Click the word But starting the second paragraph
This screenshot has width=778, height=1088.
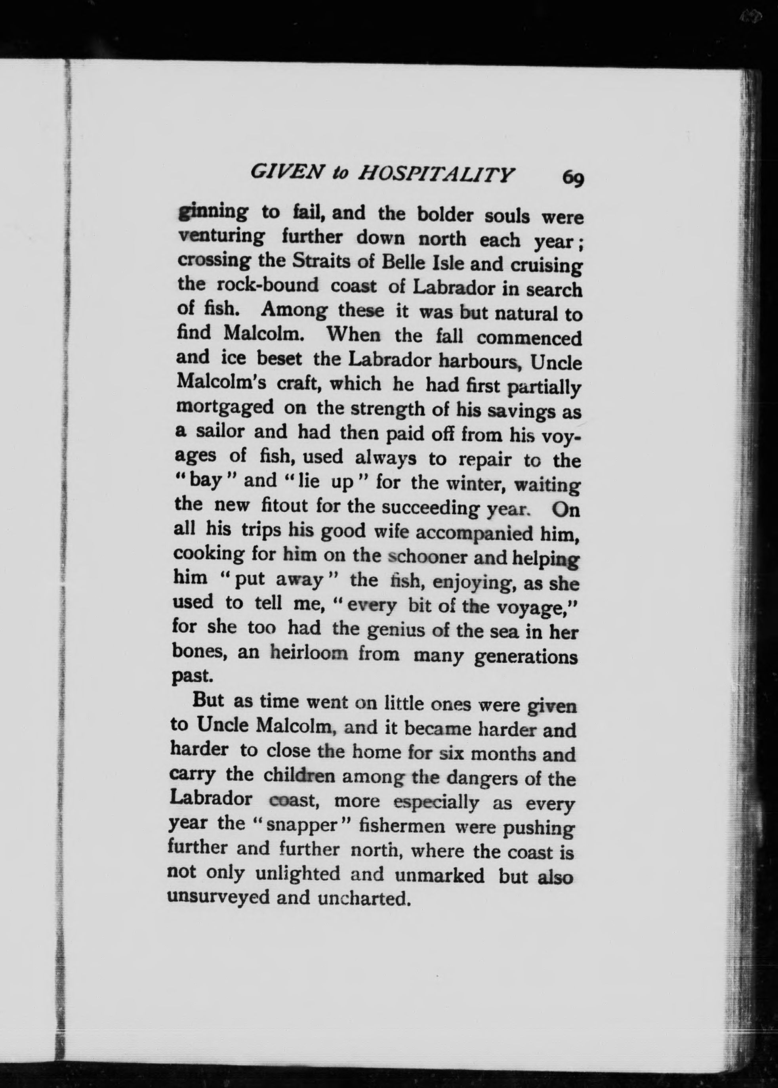(x=208, y=701)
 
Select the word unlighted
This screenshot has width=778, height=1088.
(x=297, y=873)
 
